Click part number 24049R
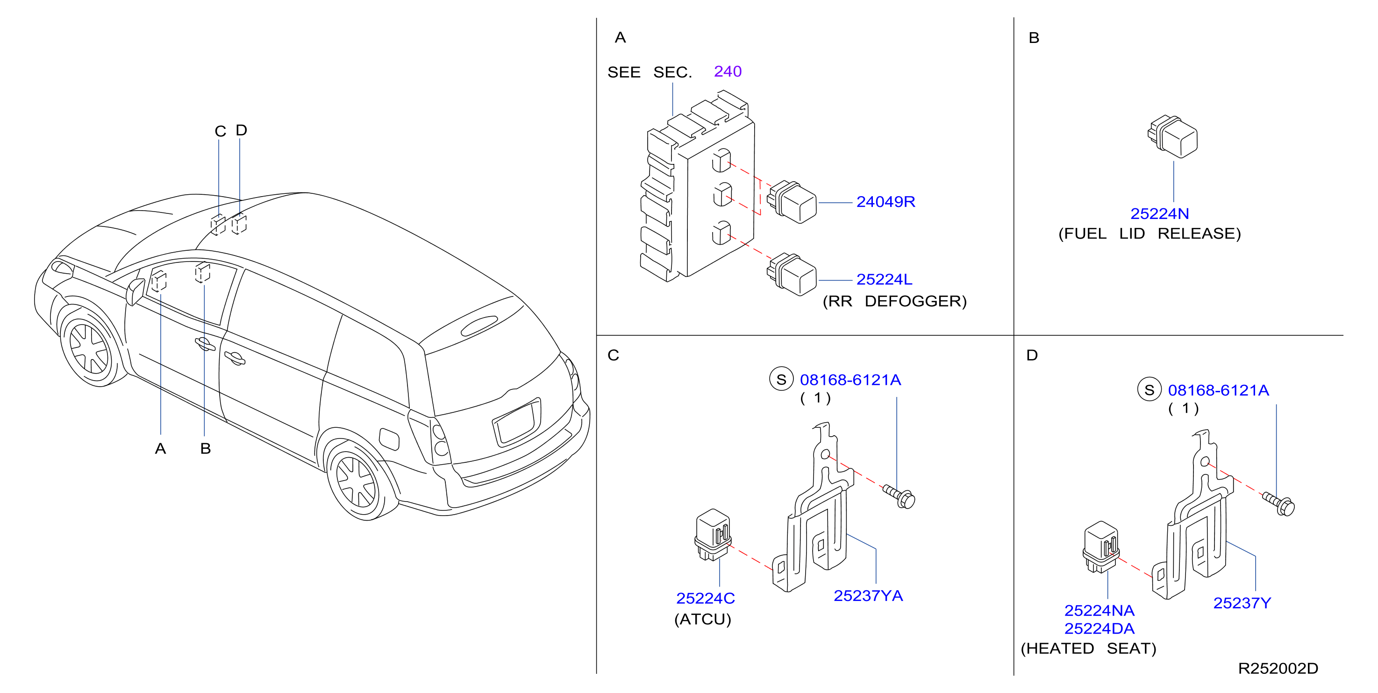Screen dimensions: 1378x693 885,202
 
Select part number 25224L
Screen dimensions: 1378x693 884,279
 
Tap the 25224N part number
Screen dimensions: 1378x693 1159,213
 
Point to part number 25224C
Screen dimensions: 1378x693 705,598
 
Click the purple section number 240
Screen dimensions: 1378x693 728,71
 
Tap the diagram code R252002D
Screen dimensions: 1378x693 1278,668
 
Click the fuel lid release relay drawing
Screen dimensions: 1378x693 1172,136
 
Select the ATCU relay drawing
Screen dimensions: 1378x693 713,535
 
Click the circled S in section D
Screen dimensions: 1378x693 1149,390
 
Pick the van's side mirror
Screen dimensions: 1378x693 136,291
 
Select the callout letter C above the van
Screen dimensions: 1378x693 221,131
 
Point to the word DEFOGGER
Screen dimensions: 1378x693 915,301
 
